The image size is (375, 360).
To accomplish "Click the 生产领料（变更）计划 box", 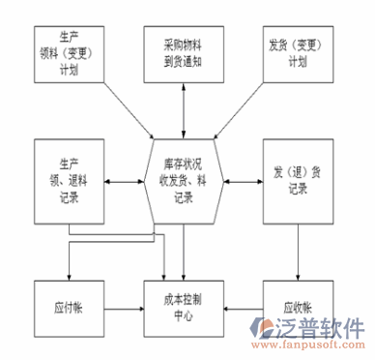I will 69,53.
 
